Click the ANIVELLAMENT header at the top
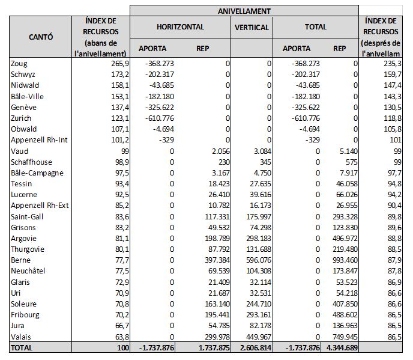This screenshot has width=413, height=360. [244, 10]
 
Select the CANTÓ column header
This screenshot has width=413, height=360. [41, 37]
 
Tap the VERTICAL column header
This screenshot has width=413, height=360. [252, 27]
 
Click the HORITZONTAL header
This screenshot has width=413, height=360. [180, 27]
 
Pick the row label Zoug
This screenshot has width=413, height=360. [20, 63]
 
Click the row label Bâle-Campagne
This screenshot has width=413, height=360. [34, 172]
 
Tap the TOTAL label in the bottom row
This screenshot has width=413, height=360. [20, 347]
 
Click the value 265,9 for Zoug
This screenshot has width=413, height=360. [116, 63]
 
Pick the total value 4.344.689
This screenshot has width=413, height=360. [338, 347]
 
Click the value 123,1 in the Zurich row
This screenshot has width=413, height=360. [116, 118]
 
